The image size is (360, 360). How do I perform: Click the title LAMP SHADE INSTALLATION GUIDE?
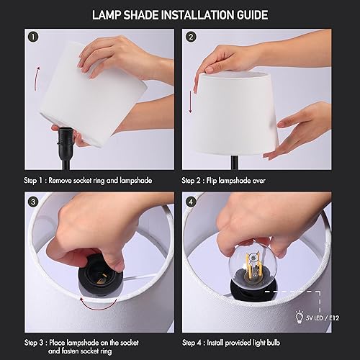point(180,14)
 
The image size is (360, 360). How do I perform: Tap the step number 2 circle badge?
point(191,37)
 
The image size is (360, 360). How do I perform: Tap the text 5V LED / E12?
point(325,315)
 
